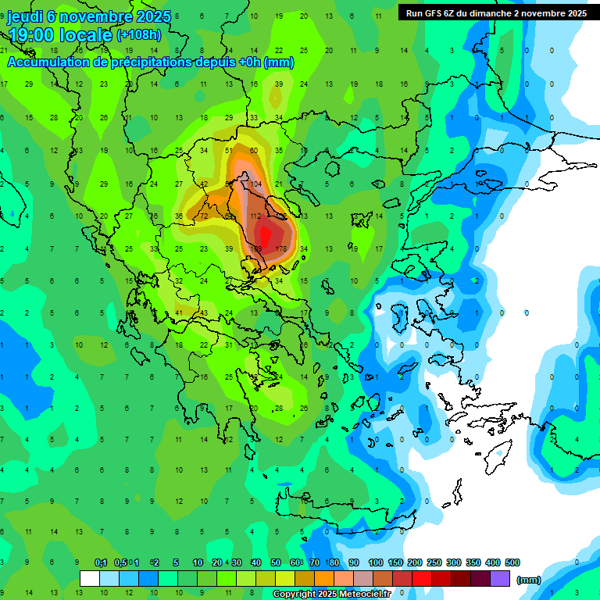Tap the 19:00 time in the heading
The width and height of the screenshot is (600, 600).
[x=38, y=35]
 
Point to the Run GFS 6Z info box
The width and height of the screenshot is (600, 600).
[x=496, y=12]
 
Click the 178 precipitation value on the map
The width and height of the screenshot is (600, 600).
[x=282, y=249]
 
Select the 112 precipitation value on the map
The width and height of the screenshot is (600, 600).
[x=255, y=216]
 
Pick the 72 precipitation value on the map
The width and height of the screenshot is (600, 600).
[x=204, y=216]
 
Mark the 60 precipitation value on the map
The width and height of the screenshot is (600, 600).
[x=254, y=150]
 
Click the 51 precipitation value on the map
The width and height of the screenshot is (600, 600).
[x=230, y=150]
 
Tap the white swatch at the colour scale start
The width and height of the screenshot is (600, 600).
[x=90, y=579]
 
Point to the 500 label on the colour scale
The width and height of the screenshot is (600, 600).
[x=512, y=562]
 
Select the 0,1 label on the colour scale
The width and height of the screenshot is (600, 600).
[x=101, y=562]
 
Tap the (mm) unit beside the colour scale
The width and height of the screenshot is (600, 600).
[x=529, y=580]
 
